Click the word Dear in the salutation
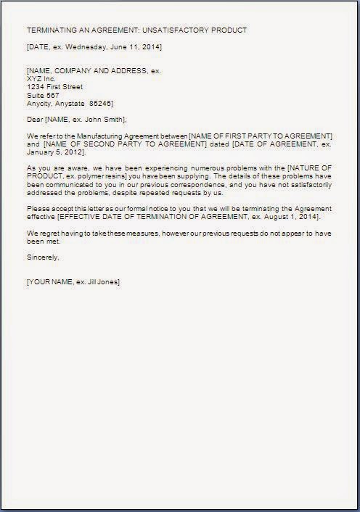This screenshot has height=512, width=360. (x=34, y=119)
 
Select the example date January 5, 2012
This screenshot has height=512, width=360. (x=56, y=153)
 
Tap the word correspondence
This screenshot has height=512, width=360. (x=207, y=186)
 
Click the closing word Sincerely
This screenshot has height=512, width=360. (x=42, y=258)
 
